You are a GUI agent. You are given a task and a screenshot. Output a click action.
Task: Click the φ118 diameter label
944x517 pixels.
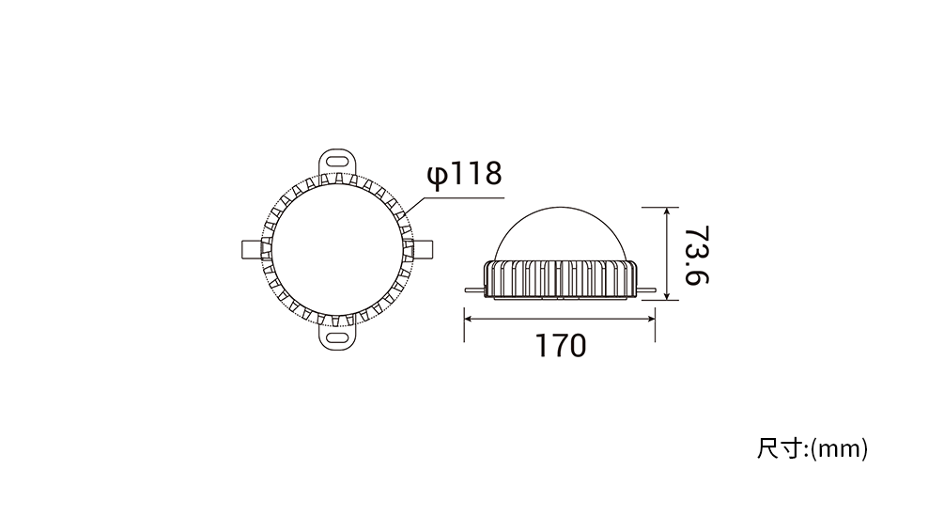point(464,175)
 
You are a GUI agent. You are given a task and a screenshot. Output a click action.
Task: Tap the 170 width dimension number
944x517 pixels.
point(561,345)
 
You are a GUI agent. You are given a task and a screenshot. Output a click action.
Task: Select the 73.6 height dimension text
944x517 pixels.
point(697,255)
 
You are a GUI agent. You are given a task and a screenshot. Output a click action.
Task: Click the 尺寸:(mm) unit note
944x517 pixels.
point(812,449)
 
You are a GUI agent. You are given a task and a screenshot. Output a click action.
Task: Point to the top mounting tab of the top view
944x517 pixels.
point(337,161)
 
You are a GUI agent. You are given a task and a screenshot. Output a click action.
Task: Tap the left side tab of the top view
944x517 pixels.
point(252,249)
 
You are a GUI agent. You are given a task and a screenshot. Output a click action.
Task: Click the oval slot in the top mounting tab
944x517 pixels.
point(337,161)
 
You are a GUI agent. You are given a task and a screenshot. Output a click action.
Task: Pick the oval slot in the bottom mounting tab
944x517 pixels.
point(337,336)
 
